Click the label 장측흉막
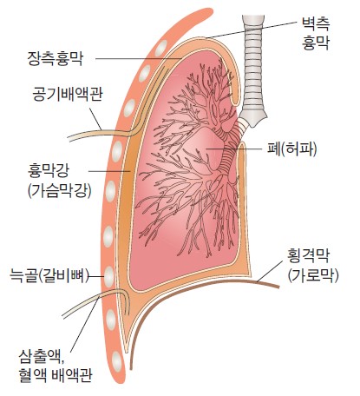pyautogui.click(x=56, y=59)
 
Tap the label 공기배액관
pyautogui.click(x=68, y=94)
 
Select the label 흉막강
pyautogui.click(x=49, y=171)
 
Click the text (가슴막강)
pyautogui.click(x=60, y=191)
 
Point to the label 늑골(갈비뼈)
pyautogui.click(x=49, y=275)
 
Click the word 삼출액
pyautogui.click(x=42, y=357)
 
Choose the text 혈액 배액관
pyautogui.click(x=55, y=375)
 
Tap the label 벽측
pyautogui.click(x=316, y=23)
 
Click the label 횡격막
pyautogui.click(x=308, y=255)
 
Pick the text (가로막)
pyautogui.click(x=313, y=275)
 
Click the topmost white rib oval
pyautogui.click(x=160, y=48)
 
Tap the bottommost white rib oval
pyautogui.click(x=117, y=360)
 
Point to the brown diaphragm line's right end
pyautogui.click(x=278, y=287)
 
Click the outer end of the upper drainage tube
pyautogui.click(x=69, y=139)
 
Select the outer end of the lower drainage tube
pyautogui.click(x=64, y=315)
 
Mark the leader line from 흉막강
pyautogui.click(x=109, y=171)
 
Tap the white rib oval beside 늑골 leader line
pyautogui.click(x=109, y=276)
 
